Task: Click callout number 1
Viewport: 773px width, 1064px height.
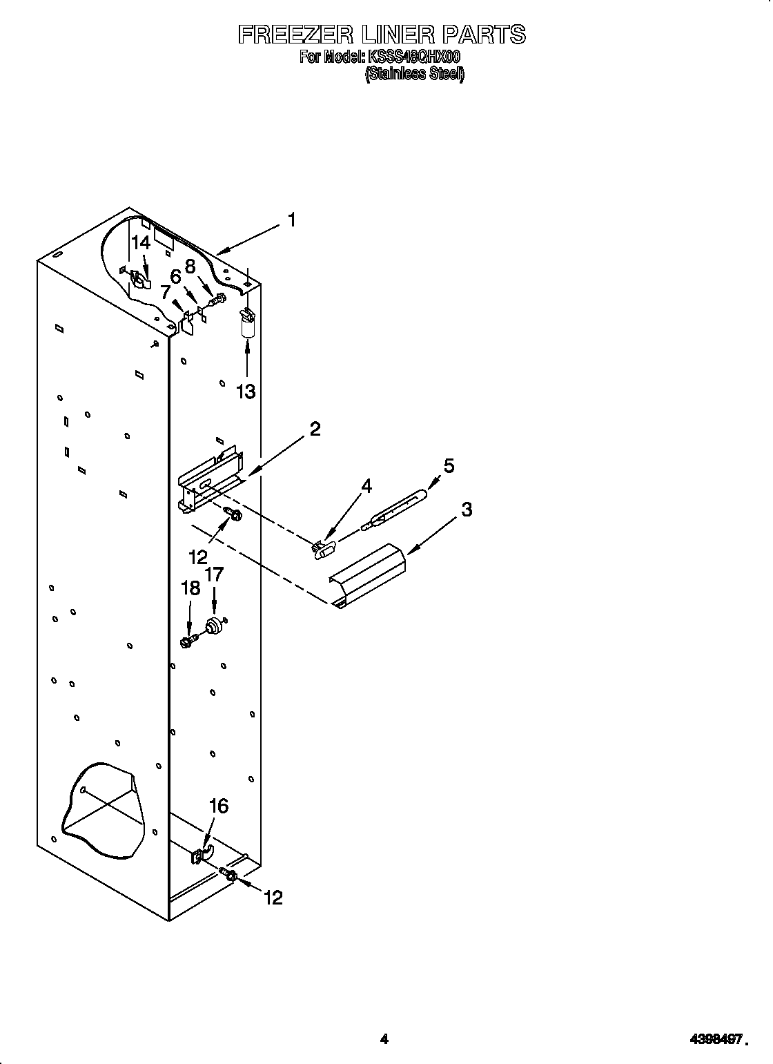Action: coord(292,220)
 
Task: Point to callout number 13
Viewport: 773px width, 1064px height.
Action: coord(246,391)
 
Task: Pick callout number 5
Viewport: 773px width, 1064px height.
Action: coord(449,466)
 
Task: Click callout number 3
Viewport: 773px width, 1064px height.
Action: coord(467,510)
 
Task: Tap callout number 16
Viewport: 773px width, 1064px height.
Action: coord(218,806)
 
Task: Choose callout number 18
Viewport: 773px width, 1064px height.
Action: coord(190,588)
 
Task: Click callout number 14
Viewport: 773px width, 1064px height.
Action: coord(141,242)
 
